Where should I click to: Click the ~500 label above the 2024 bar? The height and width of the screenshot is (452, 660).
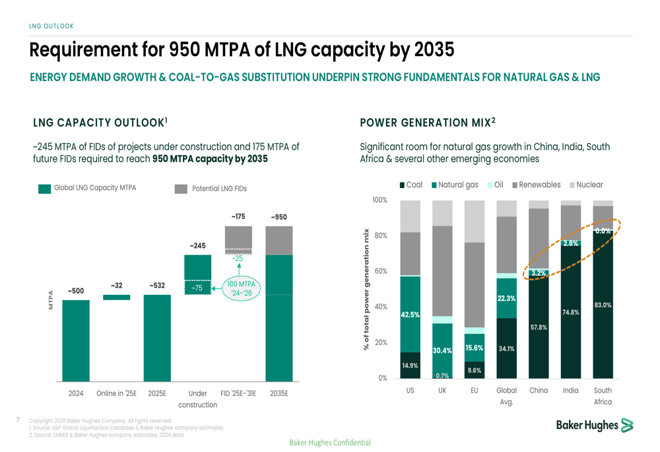pos(76,291)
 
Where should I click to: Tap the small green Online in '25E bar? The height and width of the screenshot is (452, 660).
pos(116,298)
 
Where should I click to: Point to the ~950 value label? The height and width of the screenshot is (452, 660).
pos(279,217)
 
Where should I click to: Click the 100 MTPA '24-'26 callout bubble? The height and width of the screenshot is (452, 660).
pos(242,288)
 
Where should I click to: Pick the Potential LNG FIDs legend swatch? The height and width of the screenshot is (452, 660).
pos(181,189)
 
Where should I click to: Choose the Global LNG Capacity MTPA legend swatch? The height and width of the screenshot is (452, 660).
pos(44,189)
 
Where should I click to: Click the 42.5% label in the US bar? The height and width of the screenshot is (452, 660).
pos(410,315)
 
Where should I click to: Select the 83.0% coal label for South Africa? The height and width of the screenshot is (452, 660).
pos(603,305)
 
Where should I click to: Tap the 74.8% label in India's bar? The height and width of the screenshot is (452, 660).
pos(570,312)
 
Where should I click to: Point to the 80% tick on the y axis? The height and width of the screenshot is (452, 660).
pos(380,236)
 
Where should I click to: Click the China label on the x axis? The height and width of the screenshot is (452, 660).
pos(539,390)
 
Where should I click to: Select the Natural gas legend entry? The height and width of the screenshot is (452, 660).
pos(455,185)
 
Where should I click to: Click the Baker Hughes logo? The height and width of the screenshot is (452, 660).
pos(594,426)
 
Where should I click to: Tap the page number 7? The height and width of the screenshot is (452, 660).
pos(18,419)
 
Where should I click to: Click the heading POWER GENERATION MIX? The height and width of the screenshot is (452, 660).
pos(427,123)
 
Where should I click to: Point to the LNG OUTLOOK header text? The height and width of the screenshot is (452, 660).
pos(51,26)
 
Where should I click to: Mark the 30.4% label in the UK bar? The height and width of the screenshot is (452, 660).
pos(442,350)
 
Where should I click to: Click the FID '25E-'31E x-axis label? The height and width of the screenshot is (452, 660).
pos(238,393)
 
